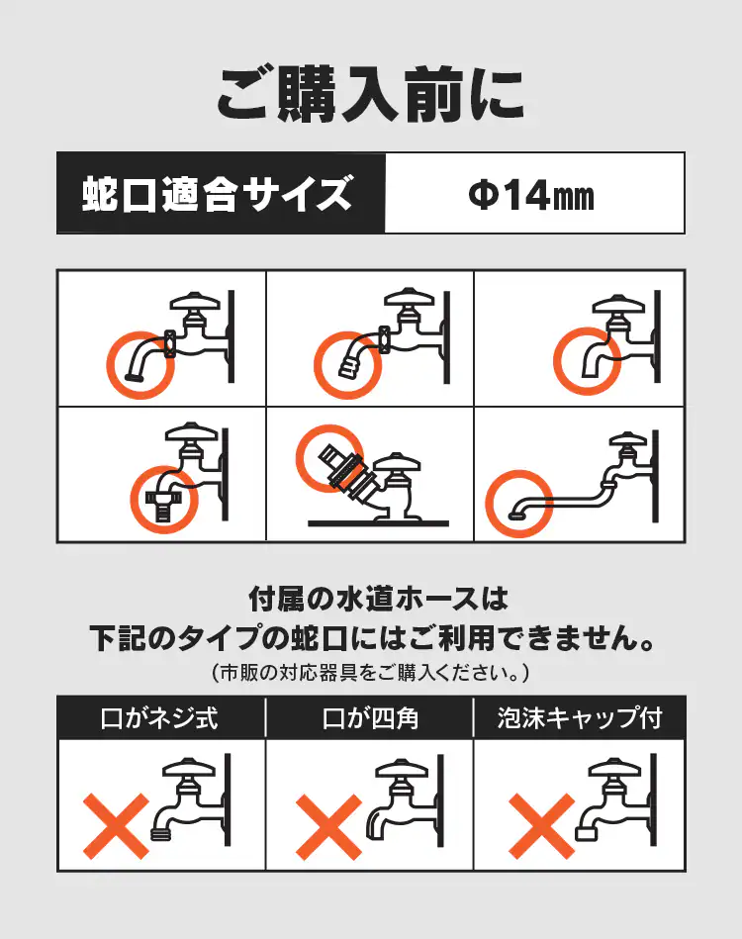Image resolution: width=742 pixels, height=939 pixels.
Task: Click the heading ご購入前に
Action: pos(370,95)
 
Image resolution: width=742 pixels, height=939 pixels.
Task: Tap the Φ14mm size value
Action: pos(531,195)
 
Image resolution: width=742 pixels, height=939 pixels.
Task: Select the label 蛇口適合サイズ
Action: pos(217,193)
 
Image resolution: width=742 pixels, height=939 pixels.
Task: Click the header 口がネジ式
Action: pos(159,718)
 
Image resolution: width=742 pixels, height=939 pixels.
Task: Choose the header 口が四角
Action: pos(370,718)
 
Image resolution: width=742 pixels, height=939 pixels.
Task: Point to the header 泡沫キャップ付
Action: pos(580,718)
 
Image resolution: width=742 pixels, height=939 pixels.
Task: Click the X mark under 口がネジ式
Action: pos(116,826)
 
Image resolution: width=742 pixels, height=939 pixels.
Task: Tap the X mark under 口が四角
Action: pos(328,826)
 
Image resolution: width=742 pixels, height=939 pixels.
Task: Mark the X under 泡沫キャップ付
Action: pos(541,826)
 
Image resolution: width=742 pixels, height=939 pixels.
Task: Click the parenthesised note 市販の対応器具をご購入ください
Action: pos(370,673)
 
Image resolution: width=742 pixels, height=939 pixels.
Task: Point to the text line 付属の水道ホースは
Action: pos(378,599)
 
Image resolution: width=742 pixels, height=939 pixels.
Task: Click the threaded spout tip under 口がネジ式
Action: pos(160,832)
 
